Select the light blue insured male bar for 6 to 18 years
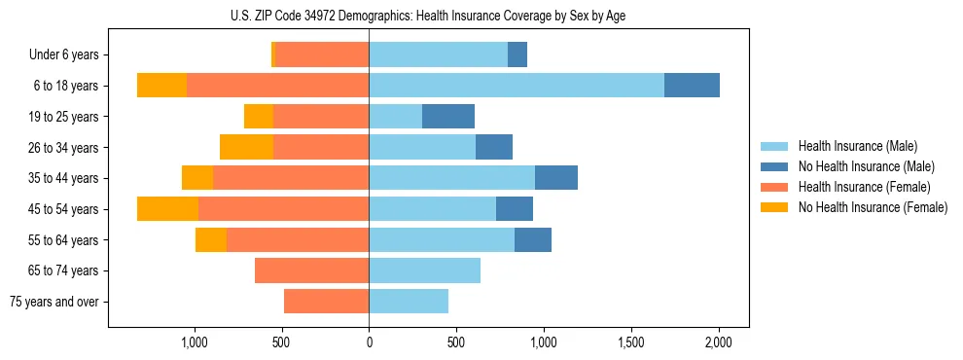[x=517, y=86]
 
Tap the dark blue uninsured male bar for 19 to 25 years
[x=448, y=117]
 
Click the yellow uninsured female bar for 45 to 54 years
[x=167, y=209]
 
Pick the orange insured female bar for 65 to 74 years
[x=311, y=270]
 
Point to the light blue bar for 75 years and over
[x=409, y=302]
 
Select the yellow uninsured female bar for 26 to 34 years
[x=246, y=147]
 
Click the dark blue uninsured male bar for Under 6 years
[x=517, y=55]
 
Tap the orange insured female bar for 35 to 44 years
[x=291, y=178]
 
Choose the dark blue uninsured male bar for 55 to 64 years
[x=533, y=240]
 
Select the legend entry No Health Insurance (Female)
[x=873, y=207]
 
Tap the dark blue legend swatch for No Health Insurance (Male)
[x=774, y=166]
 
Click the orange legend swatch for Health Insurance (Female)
[x=774, y=187]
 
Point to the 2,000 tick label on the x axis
[x=719, y=342]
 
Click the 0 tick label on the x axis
[x=369, y=342]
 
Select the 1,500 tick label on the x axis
[x=631, y=342]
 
